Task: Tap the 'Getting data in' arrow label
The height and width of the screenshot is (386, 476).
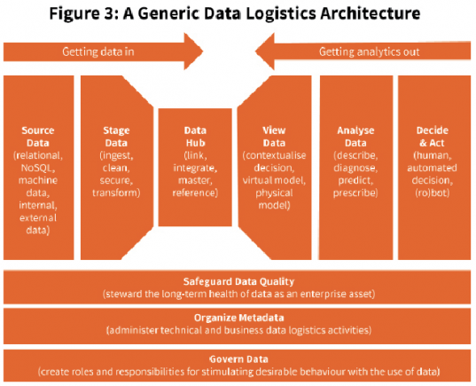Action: click(98, 51)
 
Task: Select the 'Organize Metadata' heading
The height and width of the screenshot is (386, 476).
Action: click(238, 318)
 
